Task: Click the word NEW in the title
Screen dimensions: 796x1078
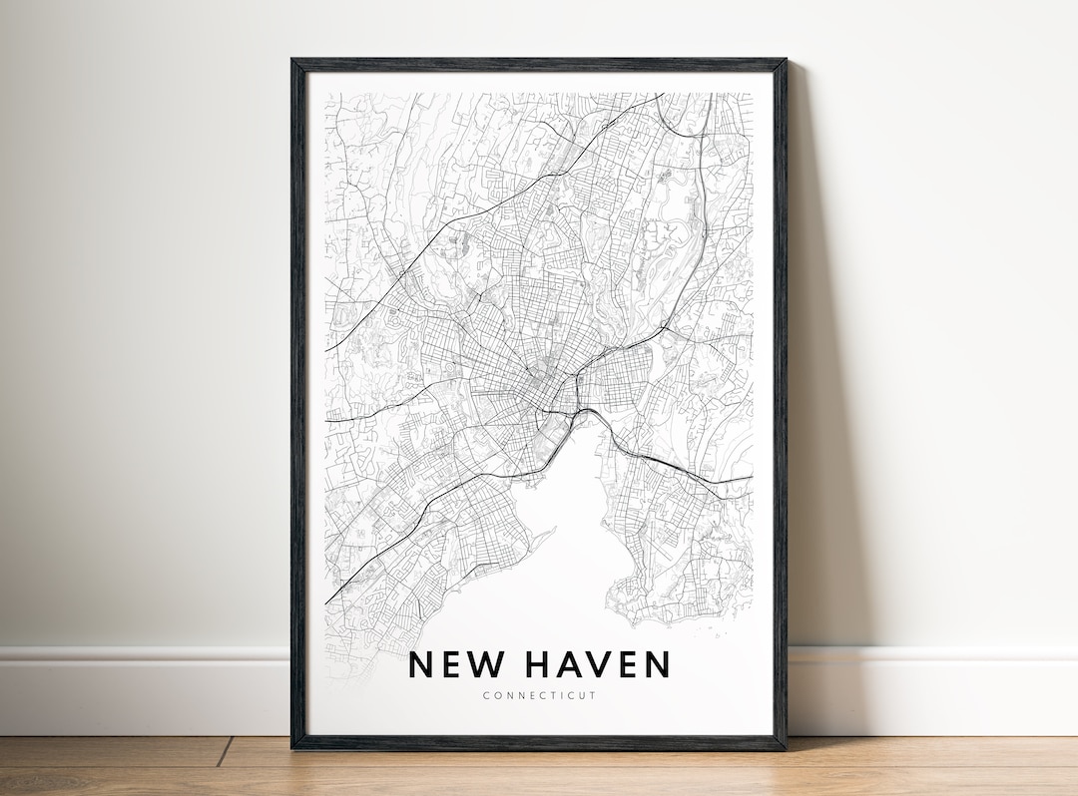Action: point(455,664)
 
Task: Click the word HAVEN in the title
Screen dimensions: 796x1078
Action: point(597,664)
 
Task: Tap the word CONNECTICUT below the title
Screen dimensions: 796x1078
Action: point(539,695)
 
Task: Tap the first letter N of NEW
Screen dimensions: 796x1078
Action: point(422,664)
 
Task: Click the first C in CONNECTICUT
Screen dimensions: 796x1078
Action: point(485,695)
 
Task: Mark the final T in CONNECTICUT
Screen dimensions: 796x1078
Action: point(593,695)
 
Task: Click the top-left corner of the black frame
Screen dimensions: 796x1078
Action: point(293,61)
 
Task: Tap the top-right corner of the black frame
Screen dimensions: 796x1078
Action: point(785,61)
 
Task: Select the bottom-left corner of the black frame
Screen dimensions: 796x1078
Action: point(293,747)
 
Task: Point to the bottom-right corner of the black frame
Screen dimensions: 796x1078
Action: point(785,747)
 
